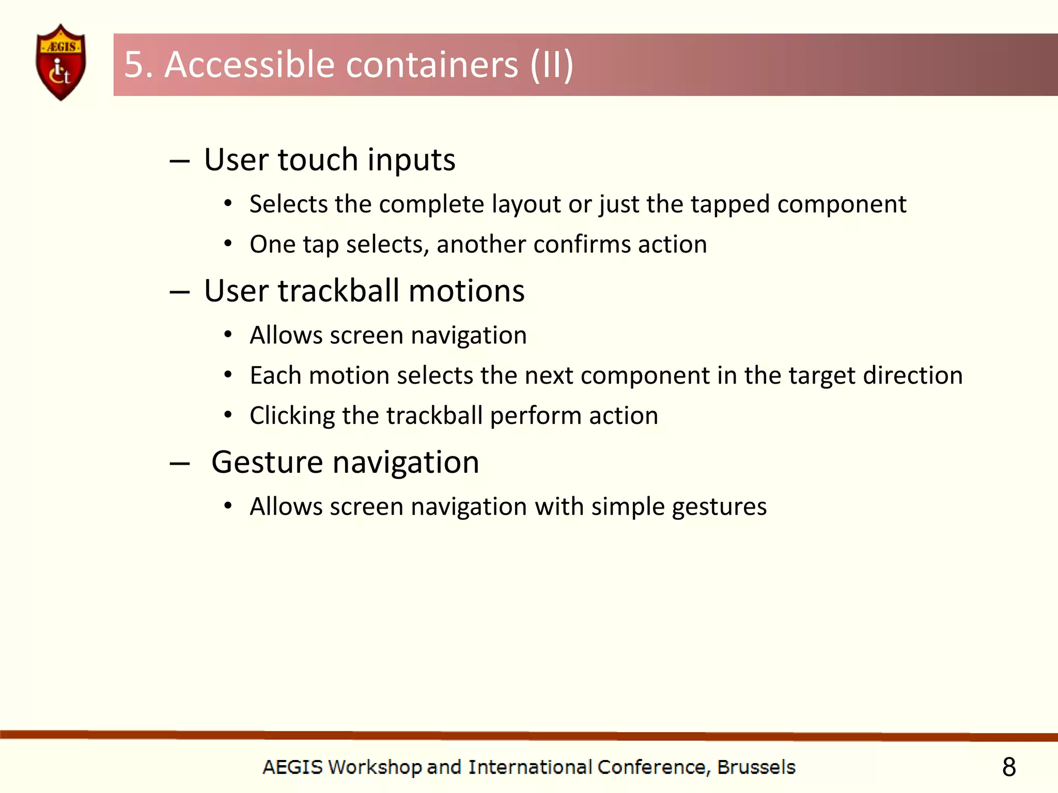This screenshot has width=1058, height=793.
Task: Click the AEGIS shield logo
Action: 61,62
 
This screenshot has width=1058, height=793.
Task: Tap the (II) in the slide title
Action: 552,65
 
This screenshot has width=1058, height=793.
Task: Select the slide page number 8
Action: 1009,767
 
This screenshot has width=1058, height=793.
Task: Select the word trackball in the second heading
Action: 338,291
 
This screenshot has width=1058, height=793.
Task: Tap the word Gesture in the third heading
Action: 267,462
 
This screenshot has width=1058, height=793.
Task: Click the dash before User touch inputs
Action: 179,162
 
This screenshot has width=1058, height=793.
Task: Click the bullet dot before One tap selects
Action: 228,243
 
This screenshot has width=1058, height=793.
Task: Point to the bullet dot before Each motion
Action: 228,375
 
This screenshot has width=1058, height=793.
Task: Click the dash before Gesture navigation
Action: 179,464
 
